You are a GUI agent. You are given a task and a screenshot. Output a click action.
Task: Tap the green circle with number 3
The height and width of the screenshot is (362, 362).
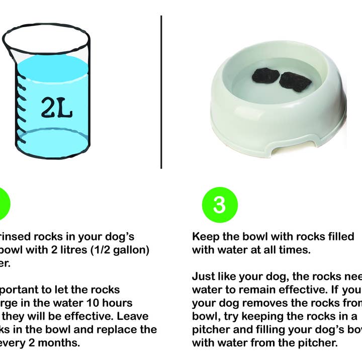coord(219,205)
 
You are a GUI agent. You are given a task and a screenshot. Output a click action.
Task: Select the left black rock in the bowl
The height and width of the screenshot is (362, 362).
coord(265,76)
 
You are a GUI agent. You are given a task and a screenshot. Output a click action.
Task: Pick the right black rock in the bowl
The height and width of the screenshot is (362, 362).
coord(296,81)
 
